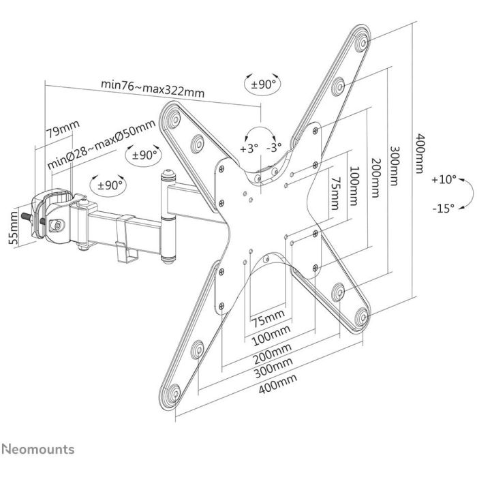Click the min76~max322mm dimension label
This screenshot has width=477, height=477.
tap(153, 85)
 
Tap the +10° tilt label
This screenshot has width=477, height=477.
tap(444, 181)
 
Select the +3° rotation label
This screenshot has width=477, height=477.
tap(249, 148)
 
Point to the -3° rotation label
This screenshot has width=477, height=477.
tap(275, 148)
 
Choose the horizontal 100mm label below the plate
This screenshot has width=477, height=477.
tap(268, 336)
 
